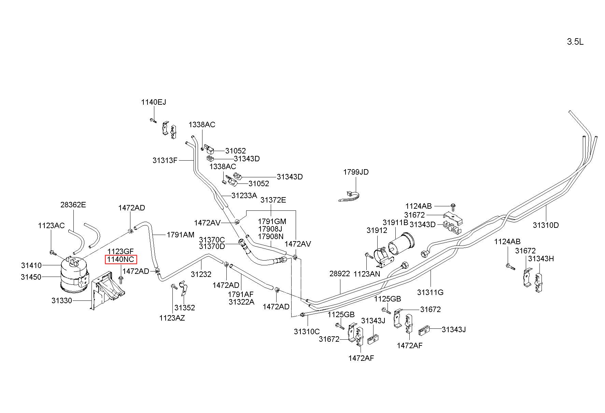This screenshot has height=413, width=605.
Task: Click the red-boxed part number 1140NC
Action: (121, 260)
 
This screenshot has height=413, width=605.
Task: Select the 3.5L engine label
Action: (575, 42)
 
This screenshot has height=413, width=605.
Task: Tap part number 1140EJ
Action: (154, 102)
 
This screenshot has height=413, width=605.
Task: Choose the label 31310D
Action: (546, 225)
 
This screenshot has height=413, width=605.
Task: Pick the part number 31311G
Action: (430, 292)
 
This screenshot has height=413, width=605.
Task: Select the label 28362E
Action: (73, 205)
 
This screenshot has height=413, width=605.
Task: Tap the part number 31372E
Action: (273, 200)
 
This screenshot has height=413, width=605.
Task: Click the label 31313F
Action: (165, 160)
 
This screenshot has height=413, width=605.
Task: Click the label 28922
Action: (340, 274)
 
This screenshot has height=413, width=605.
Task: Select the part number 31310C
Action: (307, 331)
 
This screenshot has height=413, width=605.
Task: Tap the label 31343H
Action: (541, 259)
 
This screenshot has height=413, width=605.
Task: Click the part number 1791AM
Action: (180, 235)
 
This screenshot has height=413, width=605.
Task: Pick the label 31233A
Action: (244, 195)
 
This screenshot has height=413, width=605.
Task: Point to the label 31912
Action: (377, 230)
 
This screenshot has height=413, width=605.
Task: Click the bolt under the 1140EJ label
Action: (153, 120)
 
